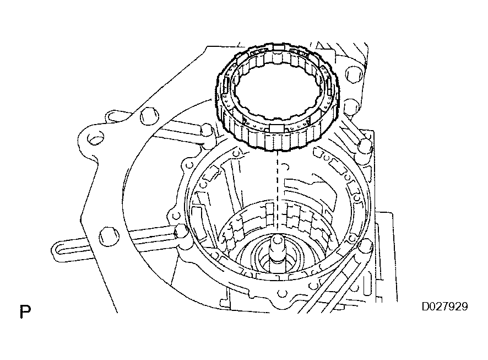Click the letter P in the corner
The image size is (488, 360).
tap(25, 312)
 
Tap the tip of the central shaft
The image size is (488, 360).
tap(276, 240)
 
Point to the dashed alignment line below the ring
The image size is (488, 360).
tap(274, 182)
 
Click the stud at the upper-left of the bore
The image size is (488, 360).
tap(206, 130)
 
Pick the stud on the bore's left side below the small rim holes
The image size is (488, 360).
tap(179, 233)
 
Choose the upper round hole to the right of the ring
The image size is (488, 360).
tap(350, 74)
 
